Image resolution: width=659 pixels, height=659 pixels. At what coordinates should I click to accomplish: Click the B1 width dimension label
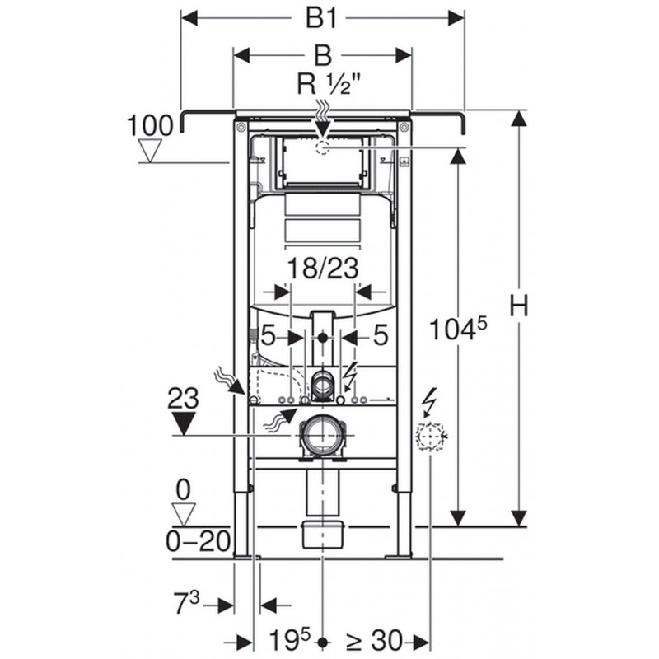[321, 18]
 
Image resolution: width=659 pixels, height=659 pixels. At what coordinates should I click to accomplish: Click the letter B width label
[322, 55]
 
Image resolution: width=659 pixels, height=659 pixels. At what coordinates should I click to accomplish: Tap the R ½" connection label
[329, 84]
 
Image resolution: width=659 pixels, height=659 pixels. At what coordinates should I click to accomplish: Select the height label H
[519, 306]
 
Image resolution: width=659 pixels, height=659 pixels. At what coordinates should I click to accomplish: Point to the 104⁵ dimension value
[458, 328]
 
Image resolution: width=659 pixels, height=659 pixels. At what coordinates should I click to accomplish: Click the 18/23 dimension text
[323, 269]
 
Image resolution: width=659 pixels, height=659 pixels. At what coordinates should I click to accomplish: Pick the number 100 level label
[150, 125]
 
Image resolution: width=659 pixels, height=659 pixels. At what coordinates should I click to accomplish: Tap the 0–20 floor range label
[199, 541]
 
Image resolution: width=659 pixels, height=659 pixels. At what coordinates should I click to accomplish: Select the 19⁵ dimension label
[289, 640]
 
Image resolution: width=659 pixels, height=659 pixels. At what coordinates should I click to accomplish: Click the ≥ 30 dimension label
[374, 641]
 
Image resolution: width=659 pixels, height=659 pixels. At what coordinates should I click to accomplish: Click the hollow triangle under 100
[150, 152]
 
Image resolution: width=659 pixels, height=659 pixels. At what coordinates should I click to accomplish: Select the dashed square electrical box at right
[430, 437]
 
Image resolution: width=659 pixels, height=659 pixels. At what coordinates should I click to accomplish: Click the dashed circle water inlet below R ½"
[322, 147]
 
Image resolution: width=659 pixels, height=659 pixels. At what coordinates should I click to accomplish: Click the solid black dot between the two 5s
[322, 337]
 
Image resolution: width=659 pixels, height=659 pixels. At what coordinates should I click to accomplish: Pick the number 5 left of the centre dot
[269, 336]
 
